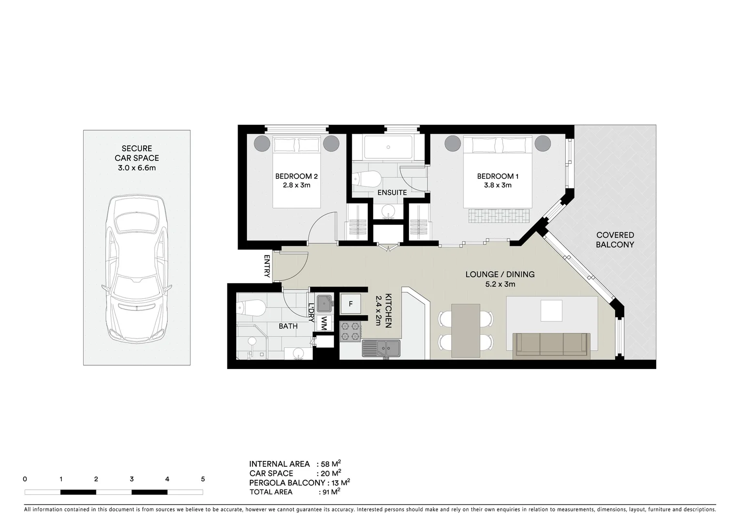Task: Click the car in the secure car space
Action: pos(137,269)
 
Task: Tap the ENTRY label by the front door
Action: pos(267,266)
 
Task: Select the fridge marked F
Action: pos(351,304)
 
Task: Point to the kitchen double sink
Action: pos(381,348)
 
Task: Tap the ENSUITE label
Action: pos(392,192)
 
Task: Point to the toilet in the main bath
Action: pos(251,307)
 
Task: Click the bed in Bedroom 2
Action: pos(297,172)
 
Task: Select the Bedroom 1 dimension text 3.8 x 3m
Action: pos(495,185)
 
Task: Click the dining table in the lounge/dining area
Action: pos(466,330)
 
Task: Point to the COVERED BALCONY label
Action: pos(615,240)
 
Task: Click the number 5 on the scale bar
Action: pos(203,479)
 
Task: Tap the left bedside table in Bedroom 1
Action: pos(453,143)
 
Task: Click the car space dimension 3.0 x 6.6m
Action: pos(136,168)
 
